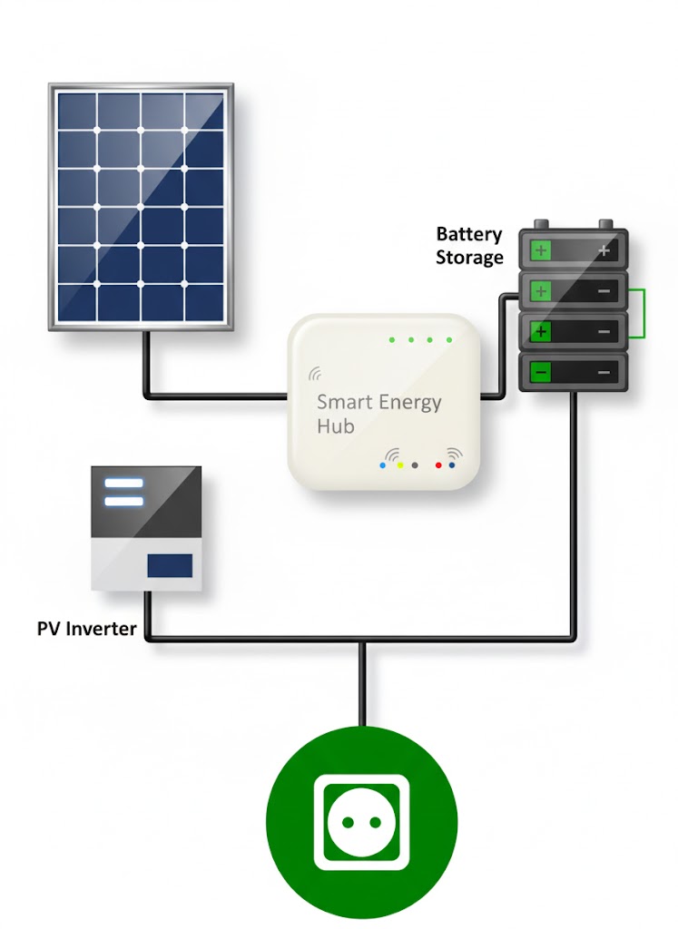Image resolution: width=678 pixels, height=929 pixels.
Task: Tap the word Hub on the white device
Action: click(335, 426)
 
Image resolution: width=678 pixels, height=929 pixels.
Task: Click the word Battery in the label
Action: click(468, 234)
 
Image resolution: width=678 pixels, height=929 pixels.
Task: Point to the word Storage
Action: click(469, 258)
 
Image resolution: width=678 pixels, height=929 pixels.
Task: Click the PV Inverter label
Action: click(86, 628)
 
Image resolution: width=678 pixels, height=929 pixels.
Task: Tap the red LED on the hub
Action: click(438, 465)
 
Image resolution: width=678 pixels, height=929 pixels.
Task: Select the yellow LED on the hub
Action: click(400, 465)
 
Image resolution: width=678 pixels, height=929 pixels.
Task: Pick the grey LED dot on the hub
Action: click(415, 465)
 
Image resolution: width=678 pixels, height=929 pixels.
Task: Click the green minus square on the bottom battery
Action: click(541, 372)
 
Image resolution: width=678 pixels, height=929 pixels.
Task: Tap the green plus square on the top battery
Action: click(541, 250)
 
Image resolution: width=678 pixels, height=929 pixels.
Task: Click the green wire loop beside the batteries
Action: click(643, 312)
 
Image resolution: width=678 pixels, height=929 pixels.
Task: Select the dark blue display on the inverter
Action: click(171, 565)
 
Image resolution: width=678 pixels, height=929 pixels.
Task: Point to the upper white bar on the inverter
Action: click(123, 484)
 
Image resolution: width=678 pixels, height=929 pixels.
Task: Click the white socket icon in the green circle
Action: click(360, 824)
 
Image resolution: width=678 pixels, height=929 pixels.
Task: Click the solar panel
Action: click(142, 206)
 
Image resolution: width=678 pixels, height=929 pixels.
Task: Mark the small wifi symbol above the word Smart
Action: click(316, 373)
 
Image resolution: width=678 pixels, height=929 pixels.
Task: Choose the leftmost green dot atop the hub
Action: click(392, 340)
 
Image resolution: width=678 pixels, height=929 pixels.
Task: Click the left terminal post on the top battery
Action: click(542, 224)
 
